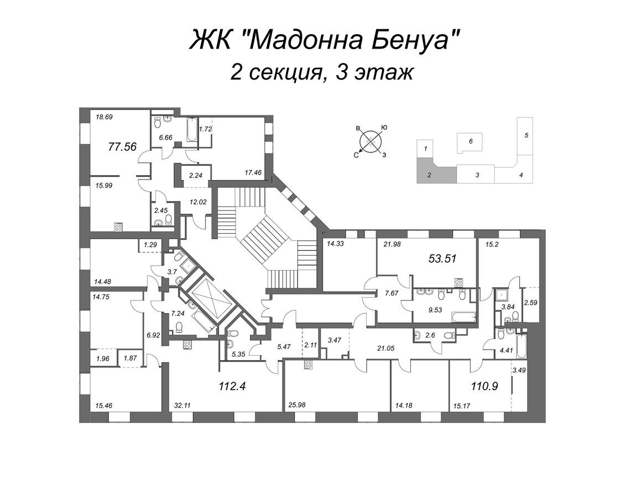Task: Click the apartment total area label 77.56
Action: (122, 147)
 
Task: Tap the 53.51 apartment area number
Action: (443, 258)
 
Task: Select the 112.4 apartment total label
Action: (232, 385)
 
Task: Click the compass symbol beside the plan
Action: (370, 141)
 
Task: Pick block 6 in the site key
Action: (470, 142)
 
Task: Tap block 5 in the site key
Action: (526, 136)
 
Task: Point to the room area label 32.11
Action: (182, 405)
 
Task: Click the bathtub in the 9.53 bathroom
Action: (463, 317)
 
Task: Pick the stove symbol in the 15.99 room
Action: (119, 227)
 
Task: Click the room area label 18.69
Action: (105, 117)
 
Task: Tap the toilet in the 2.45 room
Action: (169, 220)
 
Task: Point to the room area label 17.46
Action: (253, 173)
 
